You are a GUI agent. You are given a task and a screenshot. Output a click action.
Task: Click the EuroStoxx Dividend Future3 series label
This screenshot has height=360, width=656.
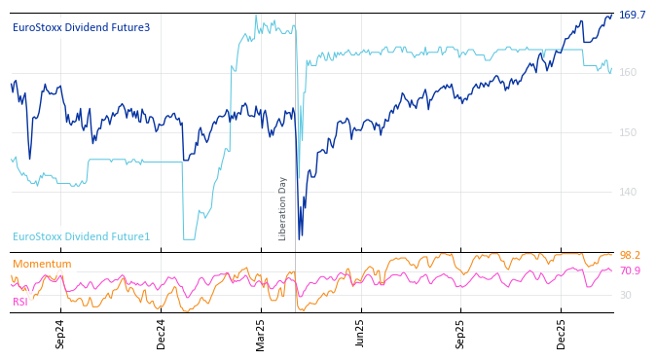(x=81, y=28)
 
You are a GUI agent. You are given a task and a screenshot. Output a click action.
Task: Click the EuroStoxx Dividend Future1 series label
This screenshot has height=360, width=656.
(x=81, y=237)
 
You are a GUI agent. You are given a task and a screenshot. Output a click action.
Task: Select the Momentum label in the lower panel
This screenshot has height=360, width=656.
(x=42, y=265)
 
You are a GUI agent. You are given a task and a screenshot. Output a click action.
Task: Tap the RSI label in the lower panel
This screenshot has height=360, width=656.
(x=20, y=303)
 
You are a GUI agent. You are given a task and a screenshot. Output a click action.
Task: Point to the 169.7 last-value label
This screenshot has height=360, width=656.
(x=632, y=16)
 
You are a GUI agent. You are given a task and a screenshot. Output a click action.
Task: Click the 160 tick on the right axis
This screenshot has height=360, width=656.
(x=628, y=73)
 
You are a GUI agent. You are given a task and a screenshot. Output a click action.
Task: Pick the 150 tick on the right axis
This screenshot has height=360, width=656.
(x=628, y=132)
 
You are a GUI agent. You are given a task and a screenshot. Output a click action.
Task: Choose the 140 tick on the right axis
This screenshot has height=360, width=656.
(x=628, y=192)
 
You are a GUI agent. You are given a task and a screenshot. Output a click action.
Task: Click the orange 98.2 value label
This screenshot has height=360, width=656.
(x=630, y=256)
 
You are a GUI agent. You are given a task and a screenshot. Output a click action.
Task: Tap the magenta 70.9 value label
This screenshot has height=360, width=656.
(x=630, y=271)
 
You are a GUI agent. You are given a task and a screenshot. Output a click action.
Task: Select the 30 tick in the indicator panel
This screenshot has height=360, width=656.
(x=626, y=295)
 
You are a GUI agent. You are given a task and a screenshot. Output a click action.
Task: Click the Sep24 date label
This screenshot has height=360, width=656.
(x=60, y=334)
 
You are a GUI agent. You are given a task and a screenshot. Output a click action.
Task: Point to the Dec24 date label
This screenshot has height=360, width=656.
(x=162, y=334)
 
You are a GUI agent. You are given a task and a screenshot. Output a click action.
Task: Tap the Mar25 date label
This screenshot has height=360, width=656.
(x=261, y=334)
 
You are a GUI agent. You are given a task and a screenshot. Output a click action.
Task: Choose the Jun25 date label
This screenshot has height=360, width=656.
(x=361, y=334)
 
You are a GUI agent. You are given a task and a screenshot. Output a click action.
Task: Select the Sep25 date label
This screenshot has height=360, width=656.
(x=461, y=334)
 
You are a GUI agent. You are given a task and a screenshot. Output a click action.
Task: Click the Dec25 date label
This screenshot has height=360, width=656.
(x=562, y=334)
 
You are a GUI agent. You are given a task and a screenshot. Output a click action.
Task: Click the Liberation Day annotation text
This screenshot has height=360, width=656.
(x=283, y=208)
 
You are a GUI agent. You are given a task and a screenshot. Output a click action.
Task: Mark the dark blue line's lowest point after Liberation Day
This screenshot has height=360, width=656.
(x=300, y=237)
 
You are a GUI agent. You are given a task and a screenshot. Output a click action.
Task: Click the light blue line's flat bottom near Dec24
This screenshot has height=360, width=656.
(x=189, y=239)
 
